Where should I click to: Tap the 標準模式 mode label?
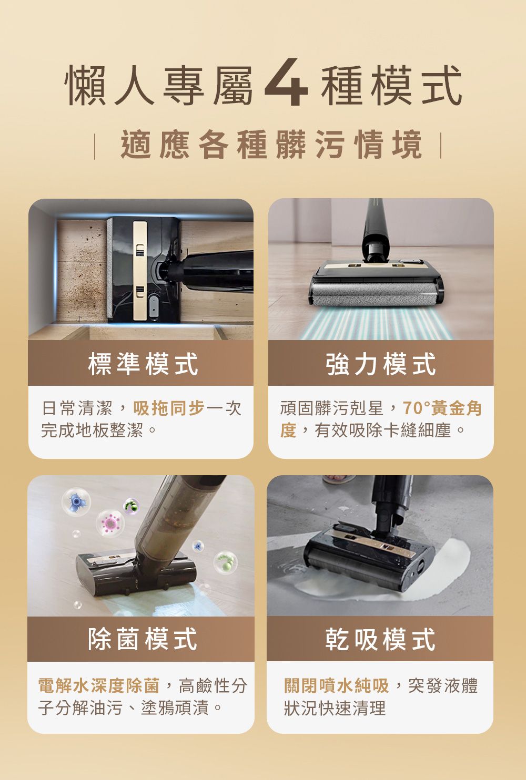143,364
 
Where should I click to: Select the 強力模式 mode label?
381,364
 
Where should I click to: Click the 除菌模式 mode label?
143,639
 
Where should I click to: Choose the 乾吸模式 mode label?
380,639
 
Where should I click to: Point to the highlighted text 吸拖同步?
169,408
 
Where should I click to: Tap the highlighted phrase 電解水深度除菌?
99,685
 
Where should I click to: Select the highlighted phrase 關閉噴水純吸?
336,685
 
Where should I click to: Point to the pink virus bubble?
110,524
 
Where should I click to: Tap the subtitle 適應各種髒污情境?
271,144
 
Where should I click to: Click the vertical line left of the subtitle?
95,146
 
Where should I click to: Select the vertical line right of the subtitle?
441,146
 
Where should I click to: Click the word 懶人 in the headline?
109,85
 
